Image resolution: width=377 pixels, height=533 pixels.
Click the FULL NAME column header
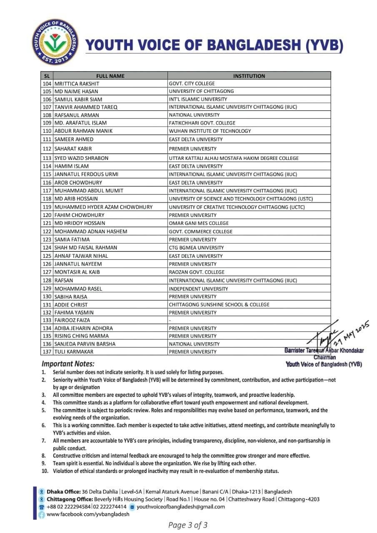[x=110, y=76]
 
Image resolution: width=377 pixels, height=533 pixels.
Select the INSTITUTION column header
[x=249, y=76]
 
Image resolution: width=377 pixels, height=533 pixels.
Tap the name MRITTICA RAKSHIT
[x=77, y=83]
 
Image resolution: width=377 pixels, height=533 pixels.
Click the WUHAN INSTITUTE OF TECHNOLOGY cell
[x=210, y=131]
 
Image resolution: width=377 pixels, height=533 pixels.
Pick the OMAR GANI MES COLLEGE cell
[x=198, y=223]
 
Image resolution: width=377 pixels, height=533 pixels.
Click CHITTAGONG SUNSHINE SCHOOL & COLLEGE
[x=219, y=304]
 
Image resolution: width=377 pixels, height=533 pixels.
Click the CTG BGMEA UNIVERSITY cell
[x=196, y=247]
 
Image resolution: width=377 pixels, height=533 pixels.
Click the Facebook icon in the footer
[x=42, y=515]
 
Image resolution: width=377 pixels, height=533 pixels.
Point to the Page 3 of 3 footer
[x=188, y=525]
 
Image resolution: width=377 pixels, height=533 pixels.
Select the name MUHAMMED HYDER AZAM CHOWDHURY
[x=103, y=207]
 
